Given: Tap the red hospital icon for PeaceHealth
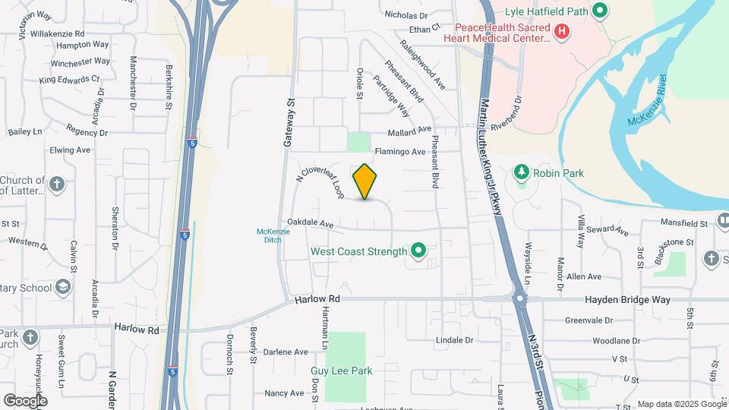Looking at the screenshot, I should [562, 31].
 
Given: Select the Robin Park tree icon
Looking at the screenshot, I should [522, 172].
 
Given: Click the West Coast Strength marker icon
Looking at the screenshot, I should [417, 250].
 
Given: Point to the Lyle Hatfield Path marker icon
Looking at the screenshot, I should [599, 11].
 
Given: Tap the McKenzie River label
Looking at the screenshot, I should [647, 101].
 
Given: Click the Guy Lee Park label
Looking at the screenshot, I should [341, 371].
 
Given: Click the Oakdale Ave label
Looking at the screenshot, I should [311, 225].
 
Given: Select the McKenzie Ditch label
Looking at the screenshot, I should [269, 235].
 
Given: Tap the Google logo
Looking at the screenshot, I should [25, 400].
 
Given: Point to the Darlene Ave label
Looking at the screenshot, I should [286, 352].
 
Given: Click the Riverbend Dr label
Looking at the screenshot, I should [508, 112].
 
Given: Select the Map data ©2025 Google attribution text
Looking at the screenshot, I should [681, 404].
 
